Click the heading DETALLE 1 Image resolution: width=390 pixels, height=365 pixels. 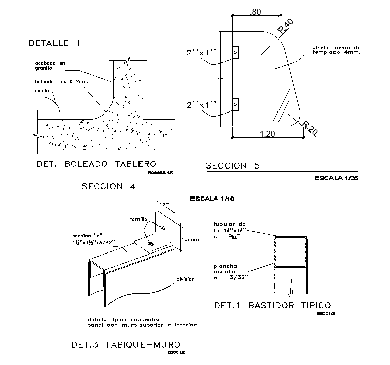coord(54,43)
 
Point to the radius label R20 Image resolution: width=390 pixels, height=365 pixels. coord(309,128)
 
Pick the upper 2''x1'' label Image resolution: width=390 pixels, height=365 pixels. coord(202,52)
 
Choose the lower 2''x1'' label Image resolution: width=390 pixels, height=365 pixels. coord(202,105)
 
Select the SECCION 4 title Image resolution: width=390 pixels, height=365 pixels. coord(108,186)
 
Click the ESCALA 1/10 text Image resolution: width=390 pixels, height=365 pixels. coord(212,199)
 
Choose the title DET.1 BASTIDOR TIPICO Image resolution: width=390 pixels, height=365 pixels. coord(272,305)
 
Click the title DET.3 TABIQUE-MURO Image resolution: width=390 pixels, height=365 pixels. coord(125,345)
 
